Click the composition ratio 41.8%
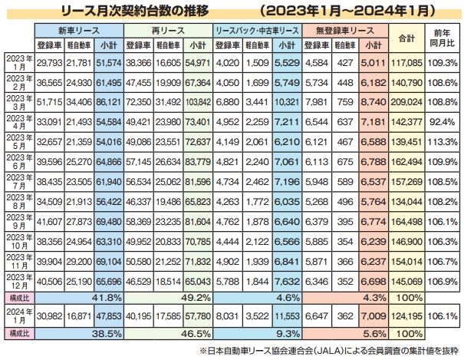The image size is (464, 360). [x=107, y=296]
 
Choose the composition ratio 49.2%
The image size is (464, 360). [x=199, y=296]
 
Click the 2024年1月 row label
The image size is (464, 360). [x=18, y=315]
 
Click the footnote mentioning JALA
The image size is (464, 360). [x=331, y=351]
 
